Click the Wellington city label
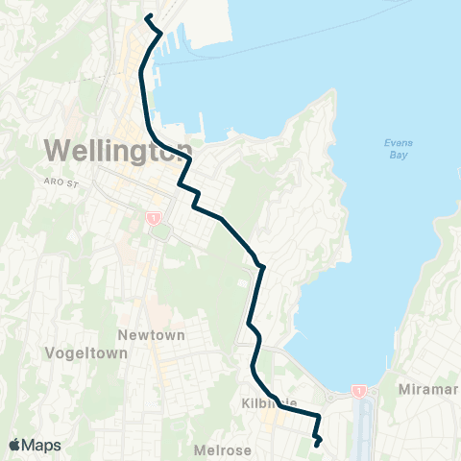[x=115, y=150]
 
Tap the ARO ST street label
[x=60, y=180]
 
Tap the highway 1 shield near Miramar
[x=358, y=390]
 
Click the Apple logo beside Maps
[x=14, y=445]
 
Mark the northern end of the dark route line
[x=147, y=17]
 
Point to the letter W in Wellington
[x=57, y=150]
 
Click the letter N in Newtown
[x=122, y=335]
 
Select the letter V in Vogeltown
[x=50, y=353]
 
